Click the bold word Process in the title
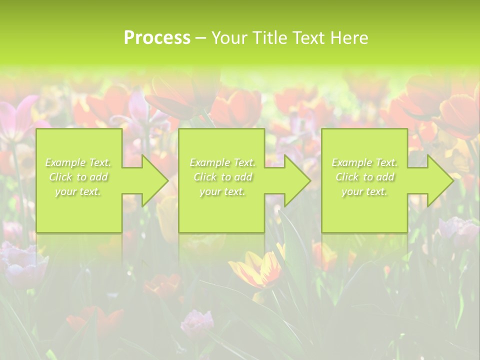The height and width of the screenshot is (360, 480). pos(157,38)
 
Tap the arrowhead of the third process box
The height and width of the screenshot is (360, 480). pos(439,180)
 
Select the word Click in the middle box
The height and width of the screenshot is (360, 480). pos(205,177)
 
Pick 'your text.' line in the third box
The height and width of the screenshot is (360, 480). pos(364,191)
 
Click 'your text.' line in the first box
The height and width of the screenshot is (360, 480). pos(78,191)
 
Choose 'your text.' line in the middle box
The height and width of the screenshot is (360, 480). pos(222,191)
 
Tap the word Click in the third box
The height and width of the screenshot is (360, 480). pos(347,177)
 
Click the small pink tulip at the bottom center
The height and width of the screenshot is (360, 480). pos(196,322)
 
